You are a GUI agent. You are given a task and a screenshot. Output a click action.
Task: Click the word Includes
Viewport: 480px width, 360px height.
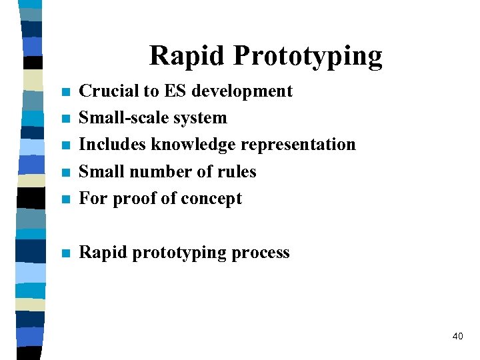point(113,145)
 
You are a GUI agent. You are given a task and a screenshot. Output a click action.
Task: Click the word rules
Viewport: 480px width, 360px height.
point(236,172)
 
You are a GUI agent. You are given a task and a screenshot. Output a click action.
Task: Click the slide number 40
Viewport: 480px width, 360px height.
point(457,337)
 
